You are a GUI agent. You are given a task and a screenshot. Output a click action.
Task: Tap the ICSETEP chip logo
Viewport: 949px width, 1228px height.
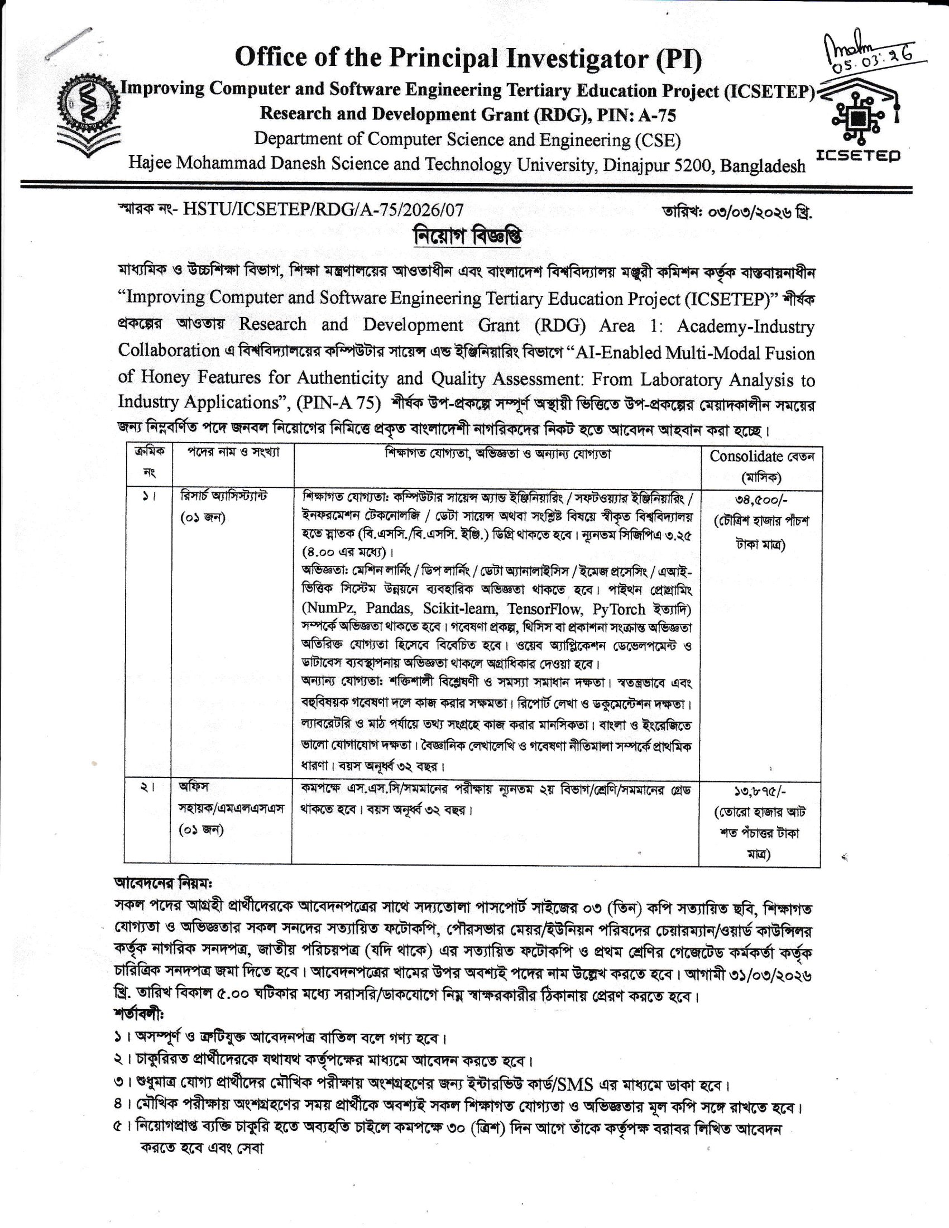[859, 119]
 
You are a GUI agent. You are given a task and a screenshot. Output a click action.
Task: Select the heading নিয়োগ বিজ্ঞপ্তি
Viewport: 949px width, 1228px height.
[467, 236]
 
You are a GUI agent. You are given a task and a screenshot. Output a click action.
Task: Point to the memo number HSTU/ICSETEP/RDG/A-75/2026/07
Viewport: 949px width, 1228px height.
[323, 210]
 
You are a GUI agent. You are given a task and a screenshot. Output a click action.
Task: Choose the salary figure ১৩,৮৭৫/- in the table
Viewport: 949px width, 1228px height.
[760, 791]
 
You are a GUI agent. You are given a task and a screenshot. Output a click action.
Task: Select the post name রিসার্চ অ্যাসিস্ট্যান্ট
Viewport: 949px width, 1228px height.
[224, 496]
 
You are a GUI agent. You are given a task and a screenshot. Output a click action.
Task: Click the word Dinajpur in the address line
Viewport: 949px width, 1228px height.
[636, 165]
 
